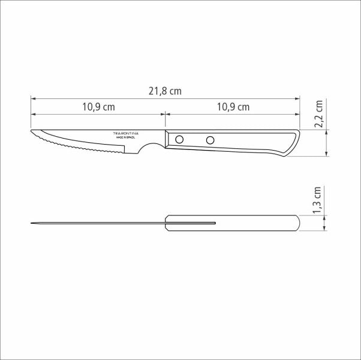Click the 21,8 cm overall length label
coord(165,91)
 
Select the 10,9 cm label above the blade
coord(98,107)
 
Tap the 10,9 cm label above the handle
coord(233,107)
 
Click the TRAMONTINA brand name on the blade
coord(125,133)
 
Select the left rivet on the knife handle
coord(179,140)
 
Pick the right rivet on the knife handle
coord(210,140)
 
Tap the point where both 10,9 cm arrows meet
coord(165,114)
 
